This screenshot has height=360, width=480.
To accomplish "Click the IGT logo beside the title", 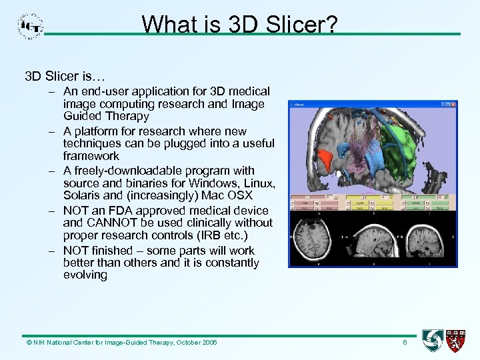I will [x=30, y=26].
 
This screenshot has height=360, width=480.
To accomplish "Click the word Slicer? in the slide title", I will [x=303, y=25].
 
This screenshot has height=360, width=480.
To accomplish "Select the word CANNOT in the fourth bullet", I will [x=109, y=223].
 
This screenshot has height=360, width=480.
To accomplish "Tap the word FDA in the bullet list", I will [x=119, y=210].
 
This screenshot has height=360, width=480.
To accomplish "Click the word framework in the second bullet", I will [x=91, y=157].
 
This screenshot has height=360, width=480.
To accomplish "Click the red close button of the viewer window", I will [x=455, y=104].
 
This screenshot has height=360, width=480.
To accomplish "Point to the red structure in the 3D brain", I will [x=325, y=159].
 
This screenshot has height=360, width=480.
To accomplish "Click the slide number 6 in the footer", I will [x=404, y=342].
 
